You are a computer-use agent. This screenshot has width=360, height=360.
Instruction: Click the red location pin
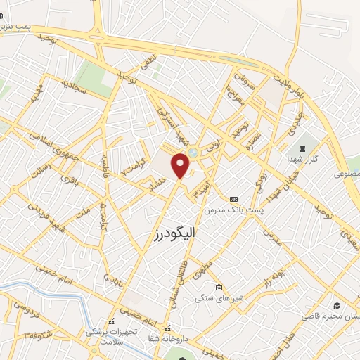[181, 165]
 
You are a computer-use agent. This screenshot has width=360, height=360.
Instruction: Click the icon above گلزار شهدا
[303, 148]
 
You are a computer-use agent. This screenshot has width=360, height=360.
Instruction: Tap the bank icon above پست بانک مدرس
[233, 199]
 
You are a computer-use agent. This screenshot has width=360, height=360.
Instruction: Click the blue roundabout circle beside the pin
[193, 152]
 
